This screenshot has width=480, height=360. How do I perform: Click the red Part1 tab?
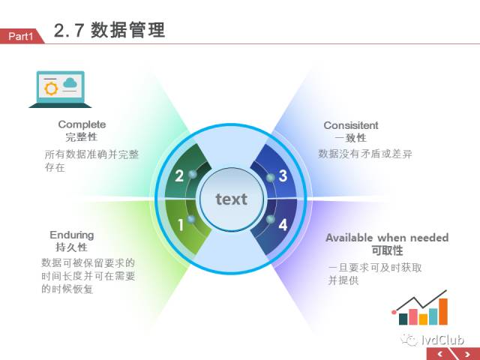point(21,36)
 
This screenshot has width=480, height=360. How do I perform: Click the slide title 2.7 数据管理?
point(109,30)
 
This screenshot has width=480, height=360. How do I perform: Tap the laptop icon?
point(60,89)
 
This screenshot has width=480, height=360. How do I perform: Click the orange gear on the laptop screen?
point(51,88)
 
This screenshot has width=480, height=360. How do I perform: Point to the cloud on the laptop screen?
point(70,82)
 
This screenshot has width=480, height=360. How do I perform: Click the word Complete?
point(82,124)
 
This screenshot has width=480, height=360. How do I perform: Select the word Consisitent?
point(351,125)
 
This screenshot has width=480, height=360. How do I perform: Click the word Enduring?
point(72,235)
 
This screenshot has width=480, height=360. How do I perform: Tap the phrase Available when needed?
point(387,238)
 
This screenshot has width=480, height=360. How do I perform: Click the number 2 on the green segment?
point(179,176)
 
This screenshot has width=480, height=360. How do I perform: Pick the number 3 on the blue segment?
point(283,176)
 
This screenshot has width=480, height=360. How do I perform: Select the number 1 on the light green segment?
point(181,225)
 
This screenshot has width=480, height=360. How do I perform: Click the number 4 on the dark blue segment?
point(283,225)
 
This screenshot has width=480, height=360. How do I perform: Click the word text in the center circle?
point(232,199)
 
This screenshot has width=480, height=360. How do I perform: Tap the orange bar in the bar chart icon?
point(443,311)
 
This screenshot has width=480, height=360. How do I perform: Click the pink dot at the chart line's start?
point(394,312)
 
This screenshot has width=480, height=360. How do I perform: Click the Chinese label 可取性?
point(387,250)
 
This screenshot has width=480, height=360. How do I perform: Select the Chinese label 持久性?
point(72,247)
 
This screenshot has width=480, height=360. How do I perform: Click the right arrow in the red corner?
point(467,355)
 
